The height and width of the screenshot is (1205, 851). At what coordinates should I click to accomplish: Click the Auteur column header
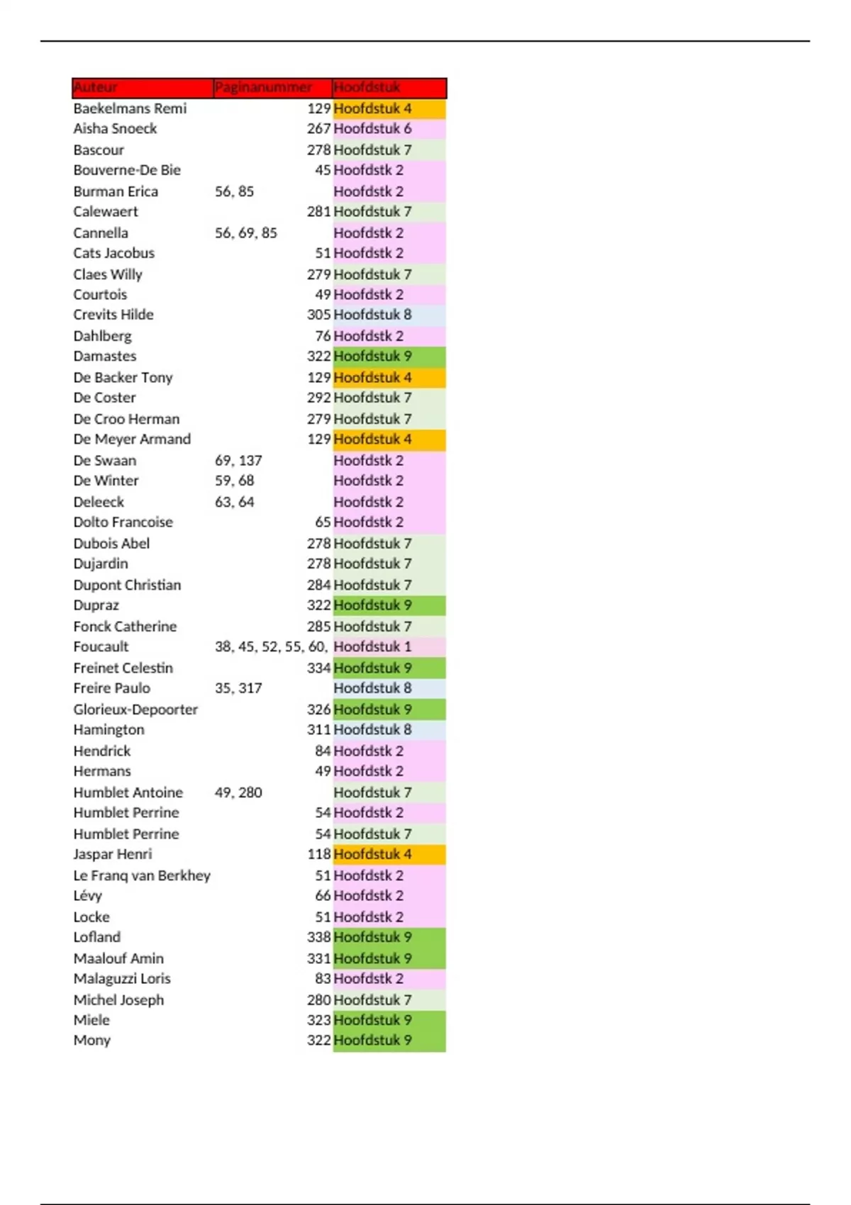(x=96, y=88)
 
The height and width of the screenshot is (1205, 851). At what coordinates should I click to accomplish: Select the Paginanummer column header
(x=263, y=88)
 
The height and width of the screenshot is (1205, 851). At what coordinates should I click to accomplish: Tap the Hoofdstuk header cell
(x=367, y=88)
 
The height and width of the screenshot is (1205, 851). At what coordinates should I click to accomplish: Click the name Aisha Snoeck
(x=115, y=129)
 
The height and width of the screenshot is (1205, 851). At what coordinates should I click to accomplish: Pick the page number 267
(x=318, y=129)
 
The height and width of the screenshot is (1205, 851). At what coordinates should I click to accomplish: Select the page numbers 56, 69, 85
(x=246, y=233)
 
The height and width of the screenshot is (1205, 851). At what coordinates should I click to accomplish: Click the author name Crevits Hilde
(x=113, y=315)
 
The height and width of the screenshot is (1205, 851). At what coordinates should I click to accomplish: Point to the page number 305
(x=318, y=315)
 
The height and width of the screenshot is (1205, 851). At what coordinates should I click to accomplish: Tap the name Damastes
(x=105, y=357)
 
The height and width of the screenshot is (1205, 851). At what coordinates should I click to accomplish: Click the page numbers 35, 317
(x=238, y=688)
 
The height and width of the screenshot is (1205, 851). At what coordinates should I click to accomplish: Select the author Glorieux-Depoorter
(x=135, y=710)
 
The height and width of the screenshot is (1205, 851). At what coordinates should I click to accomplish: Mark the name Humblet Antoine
(x=128, y=792)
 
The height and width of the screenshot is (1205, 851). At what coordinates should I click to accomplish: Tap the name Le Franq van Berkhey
(x=142, y=875)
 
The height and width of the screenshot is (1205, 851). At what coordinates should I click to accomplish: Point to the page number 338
(x=318, y=937)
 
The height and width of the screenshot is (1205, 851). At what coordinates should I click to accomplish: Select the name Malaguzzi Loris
(x=122, y=979)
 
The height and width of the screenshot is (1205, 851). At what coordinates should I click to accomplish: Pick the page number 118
(x=318, y=855)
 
